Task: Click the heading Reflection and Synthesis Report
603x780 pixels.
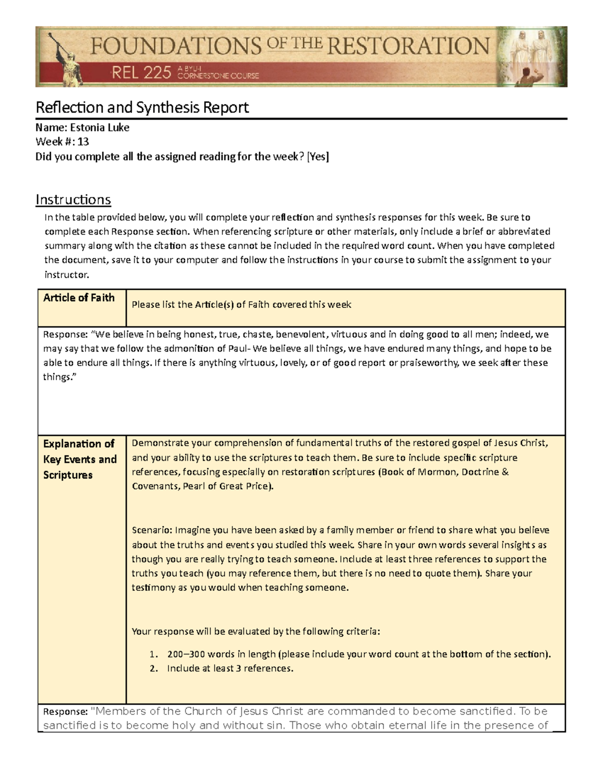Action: (x=142, y=107)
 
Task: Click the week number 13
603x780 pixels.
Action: (x=83, y=142)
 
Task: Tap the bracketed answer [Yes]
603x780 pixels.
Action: (x=318, y=157)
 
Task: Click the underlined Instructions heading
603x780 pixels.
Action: (x=73, y=200)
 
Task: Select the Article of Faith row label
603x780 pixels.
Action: (x=79, y=298)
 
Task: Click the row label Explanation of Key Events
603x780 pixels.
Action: (x=79, y=459)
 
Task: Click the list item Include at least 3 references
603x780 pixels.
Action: (x=230, y=668)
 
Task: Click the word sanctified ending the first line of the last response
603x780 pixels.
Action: (x=482, y=711)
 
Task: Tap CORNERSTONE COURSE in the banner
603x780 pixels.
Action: (x=219, y=76)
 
